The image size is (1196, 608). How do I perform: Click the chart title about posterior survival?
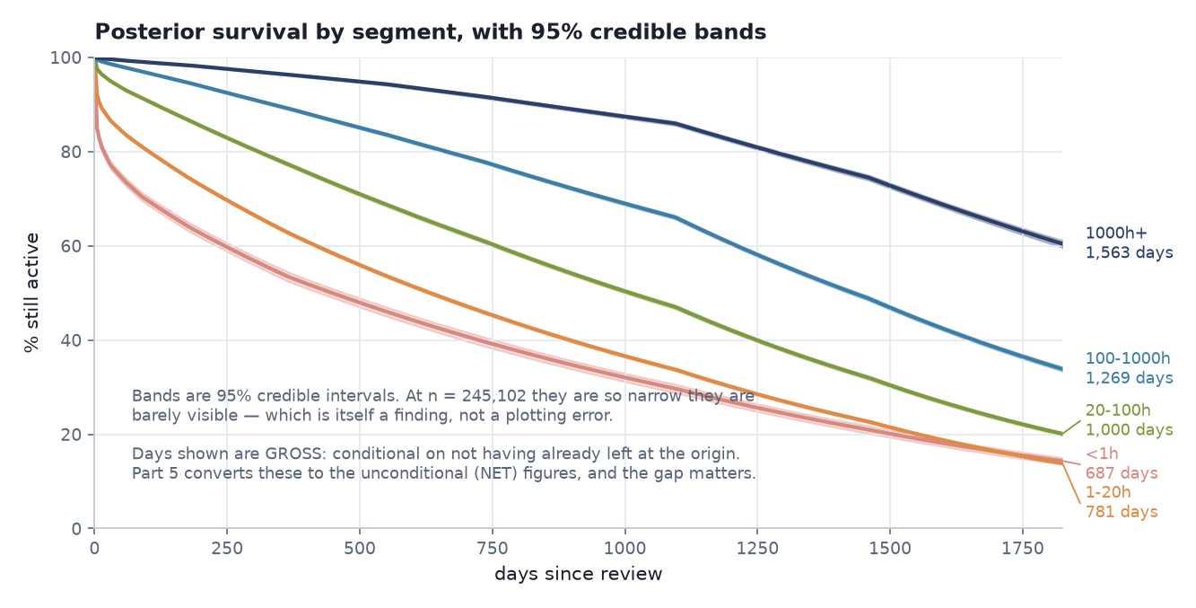431,32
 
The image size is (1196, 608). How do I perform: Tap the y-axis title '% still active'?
32,293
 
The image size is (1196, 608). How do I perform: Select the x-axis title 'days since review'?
578,574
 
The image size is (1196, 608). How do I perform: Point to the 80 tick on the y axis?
71,153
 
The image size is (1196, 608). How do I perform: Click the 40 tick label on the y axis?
71,341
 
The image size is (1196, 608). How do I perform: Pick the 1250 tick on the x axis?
757,549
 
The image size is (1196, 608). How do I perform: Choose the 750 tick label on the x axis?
493,549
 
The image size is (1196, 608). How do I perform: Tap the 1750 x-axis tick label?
1023,549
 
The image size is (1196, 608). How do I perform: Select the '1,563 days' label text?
1130,252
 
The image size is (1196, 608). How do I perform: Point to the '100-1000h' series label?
1128,358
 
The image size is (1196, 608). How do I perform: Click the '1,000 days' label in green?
1130,430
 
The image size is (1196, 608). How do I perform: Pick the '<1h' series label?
1102,454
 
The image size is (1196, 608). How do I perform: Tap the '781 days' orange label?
1122,512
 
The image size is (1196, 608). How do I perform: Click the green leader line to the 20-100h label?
1071,427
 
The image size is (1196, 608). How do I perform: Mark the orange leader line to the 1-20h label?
1071,483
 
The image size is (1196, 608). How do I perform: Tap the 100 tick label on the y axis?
65,57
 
